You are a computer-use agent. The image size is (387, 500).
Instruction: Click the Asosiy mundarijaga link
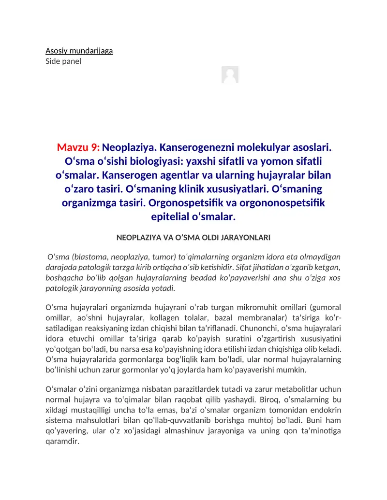(79, 51)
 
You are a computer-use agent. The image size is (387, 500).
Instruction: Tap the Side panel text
(63, 61)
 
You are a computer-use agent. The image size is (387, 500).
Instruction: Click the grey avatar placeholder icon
(230, 75)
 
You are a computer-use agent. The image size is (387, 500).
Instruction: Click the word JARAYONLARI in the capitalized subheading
(243, 238)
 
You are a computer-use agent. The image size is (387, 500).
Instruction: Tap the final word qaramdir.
(62, 441)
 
